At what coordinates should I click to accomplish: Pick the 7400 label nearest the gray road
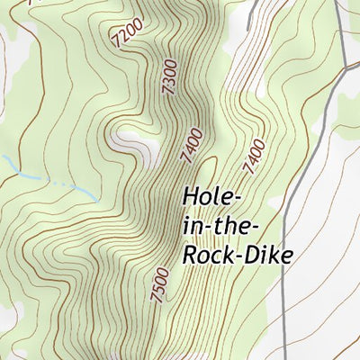[x=255, y=155]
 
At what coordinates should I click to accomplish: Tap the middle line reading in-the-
[x=220, y=225]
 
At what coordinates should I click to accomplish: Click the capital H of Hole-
[x=191, y=196]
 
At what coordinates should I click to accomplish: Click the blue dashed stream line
[x=54, y=182]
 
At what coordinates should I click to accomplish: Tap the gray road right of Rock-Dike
[x=286, y=270]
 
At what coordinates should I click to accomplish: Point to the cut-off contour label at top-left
[x=34, y=4]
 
